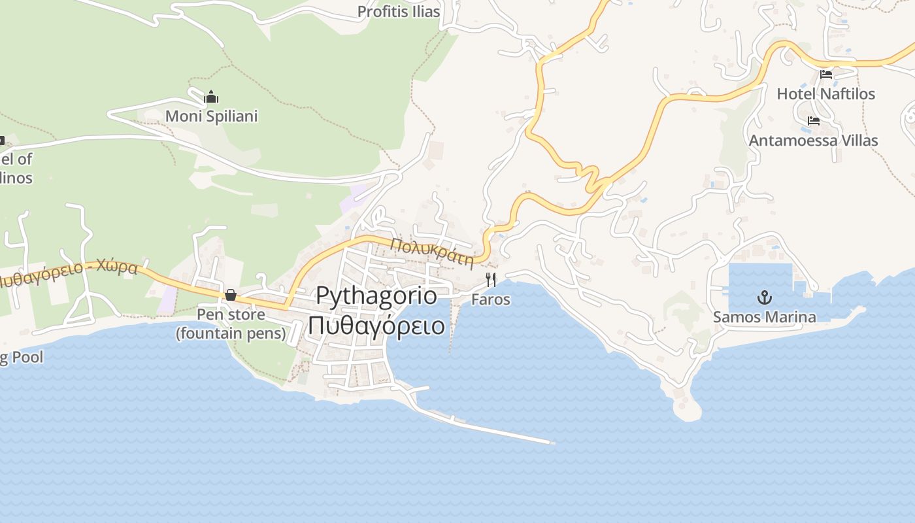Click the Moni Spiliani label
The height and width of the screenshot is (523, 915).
point(211,116)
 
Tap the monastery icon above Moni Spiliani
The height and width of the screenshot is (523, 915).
point(211,97)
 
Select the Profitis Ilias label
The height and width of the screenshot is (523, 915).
point(399,12)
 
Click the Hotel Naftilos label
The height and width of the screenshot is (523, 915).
point(825,94)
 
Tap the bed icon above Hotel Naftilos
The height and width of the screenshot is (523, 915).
point(826,74)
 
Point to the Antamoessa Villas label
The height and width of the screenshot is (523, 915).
point(813,141)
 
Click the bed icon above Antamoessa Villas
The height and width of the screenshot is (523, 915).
point(814,121)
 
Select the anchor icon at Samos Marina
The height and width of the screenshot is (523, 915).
point(764,298)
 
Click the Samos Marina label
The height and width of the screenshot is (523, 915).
point(764,318)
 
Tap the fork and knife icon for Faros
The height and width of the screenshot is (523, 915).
point(491,280)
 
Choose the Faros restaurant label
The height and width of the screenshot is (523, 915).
point(491,300)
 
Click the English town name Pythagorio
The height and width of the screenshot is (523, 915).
point(376,295)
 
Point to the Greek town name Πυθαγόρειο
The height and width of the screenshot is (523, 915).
point(376,325)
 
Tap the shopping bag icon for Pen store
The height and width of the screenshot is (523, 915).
point(231,295)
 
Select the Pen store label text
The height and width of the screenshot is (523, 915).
point(231,314)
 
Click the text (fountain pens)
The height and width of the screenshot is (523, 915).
point(231,333)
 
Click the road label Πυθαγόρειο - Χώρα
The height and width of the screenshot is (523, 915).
point(69,275)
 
